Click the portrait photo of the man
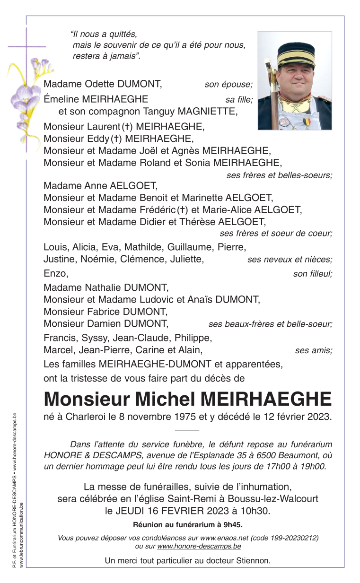pyautogui.click(x=295, y=81)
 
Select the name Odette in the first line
pyautogui.click(x=99, y=84)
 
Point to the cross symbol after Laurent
pyautogui.click(x=127, y=127)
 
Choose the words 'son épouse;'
pyautogui.click(x=228, y=85)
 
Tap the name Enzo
pyautogui.click(x=55, y=273)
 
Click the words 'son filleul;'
pyautogui.click(x=312, y=274)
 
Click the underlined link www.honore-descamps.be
pyautogui.click(x=199, y=546)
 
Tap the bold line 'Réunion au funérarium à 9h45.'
pyautogui.click(x=188, y=524)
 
